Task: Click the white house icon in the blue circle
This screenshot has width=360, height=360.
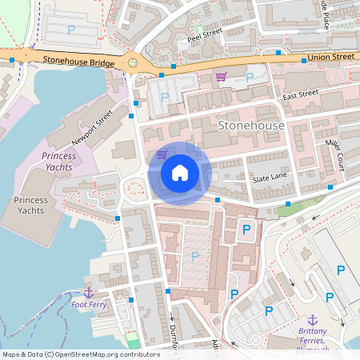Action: click(179, 172)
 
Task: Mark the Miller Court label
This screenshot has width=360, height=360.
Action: click(334, 154)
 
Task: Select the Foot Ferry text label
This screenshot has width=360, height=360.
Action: click(88, 304)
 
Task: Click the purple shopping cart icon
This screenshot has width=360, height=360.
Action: click(221, 77)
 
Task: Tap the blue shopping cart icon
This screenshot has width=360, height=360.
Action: click(162, 154)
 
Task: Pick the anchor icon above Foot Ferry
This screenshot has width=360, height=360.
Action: click(89, 292)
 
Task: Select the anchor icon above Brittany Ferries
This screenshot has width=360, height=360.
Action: click(313, 320)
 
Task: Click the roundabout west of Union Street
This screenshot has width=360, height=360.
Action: click(133, 62)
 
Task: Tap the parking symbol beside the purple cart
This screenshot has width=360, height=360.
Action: click(249, 77)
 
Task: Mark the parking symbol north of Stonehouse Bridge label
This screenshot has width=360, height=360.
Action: click(71, 30)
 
